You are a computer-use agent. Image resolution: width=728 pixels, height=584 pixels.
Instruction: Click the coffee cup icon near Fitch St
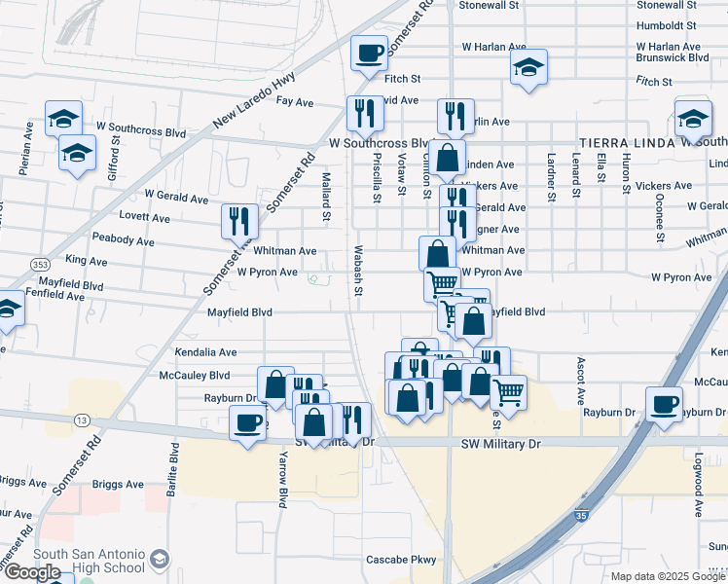click(369, 53)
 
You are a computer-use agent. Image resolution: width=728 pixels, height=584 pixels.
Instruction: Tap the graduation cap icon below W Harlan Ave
click(528, 68)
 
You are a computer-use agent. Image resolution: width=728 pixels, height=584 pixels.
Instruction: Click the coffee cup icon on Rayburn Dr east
click(665, 404)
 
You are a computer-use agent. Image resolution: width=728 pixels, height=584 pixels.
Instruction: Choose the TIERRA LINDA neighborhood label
click(628, 142)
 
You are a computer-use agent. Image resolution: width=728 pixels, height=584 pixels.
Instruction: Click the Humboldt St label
click(667, 25)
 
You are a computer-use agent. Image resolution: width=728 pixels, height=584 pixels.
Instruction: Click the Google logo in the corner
click(32, 572)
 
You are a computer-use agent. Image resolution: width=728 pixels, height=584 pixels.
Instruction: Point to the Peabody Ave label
click(123, 240)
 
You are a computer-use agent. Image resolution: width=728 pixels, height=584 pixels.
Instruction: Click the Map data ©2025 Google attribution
click(668, 576)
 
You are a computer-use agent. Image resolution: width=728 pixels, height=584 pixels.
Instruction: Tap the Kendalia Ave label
click(205, 352)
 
